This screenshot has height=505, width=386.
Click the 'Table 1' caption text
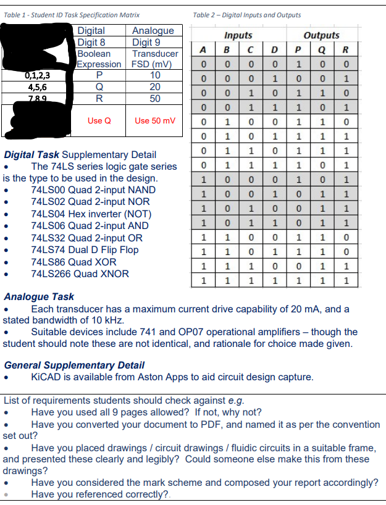coord(71,15)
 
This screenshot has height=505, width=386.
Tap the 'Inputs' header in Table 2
coord(238,36)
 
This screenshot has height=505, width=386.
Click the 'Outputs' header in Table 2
coord(322,36)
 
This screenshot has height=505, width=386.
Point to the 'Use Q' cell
coord(99,120)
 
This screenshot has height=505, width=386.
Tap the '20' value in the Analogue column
coord(155,87)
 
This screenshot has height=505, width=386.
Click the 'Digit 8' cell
coord(92,43)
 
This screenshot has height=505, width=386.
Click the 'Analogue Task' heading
coord(38,297)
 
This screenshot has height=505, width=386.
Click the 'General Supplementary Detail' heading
coord(74,365)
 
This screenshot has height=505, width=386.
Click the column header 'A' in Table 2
coord(202,50)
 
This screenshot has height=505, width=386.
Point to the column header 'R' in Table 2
coord(346,50)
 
